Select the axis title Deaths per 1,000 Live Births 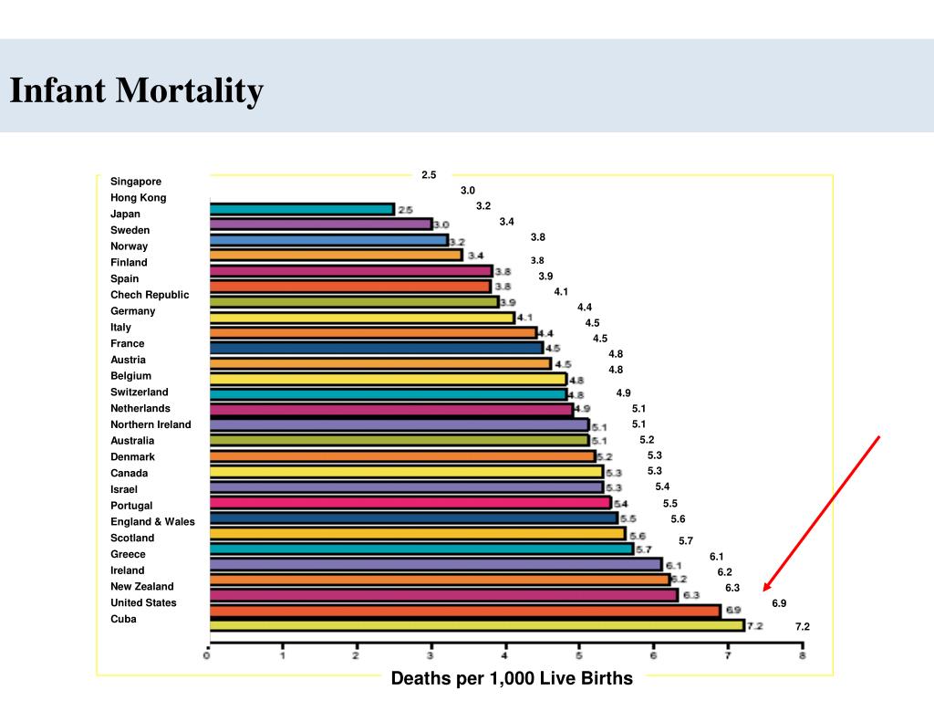tap(512, 678)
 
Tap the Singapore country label tap(136, 182)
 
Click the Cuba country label tap(123, 619)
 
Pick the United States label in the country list tap(143, 602)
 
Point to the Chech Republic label tap(150, 295)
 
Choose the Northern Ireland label tap(150, 424)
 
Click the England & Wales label tap(152, 522)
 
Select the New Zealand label tap(141, 587)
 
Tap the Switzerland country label tap(140, 392)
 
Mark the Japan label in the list tap(125, 214)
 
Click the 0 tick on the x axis tap(207, 655)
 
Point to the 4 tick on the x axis tap(504, 655)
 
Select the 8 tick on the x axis tap(802, 655)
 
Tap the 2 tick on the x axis tap(356, 655)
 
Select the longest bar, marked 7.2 tap(476, 625)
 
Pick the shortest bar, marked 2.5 tap(301, 209)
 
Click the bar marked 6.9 tap(464, 610)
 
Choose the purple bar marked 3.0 tap(320, 225)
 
